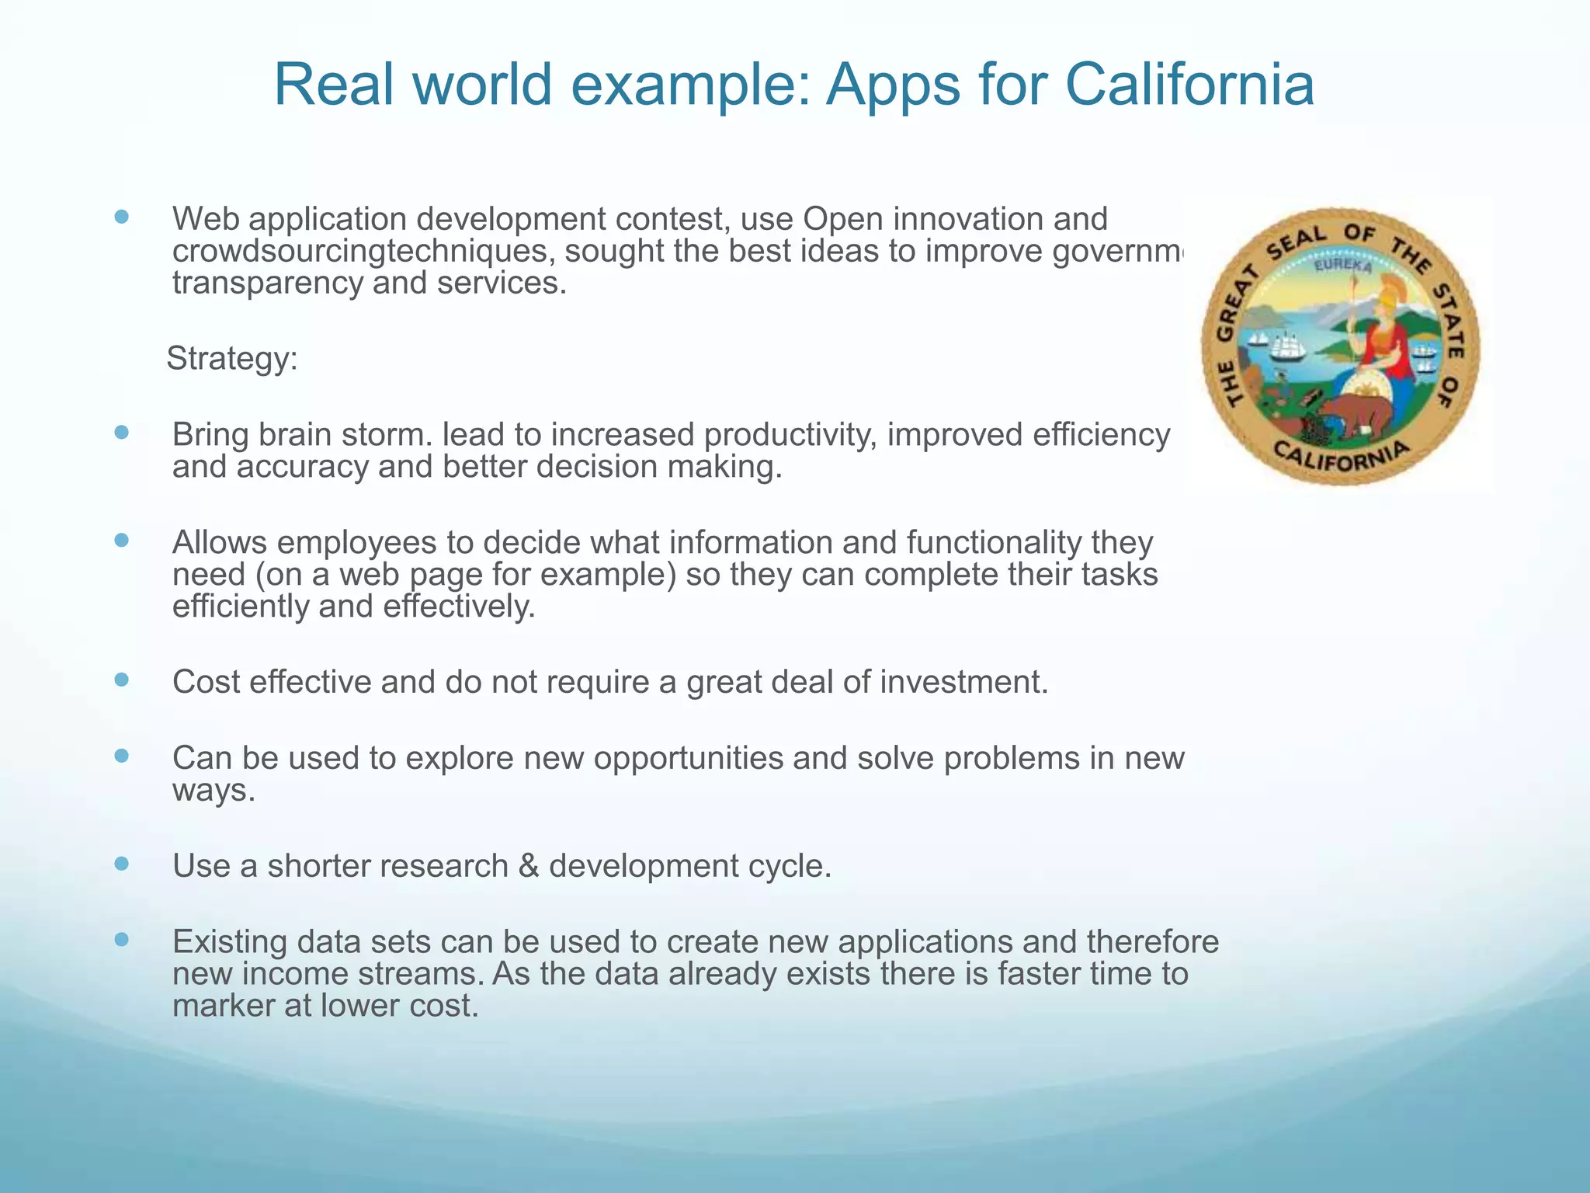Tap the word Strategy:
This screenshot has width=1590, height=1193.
tap(232, 359)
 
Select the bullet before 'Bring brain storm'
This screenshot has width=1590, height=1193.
tap(121, 432)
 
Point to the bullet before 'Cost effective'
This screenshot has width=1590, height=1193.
tap(121, 680)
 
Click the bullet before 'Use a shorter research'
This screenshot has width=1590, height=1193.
tap(121, 863)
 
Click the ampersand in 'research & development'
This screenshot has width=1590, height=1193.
tap(528, 865)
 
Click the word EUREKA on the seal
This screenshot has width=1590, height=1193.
tap(1342, 266)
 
